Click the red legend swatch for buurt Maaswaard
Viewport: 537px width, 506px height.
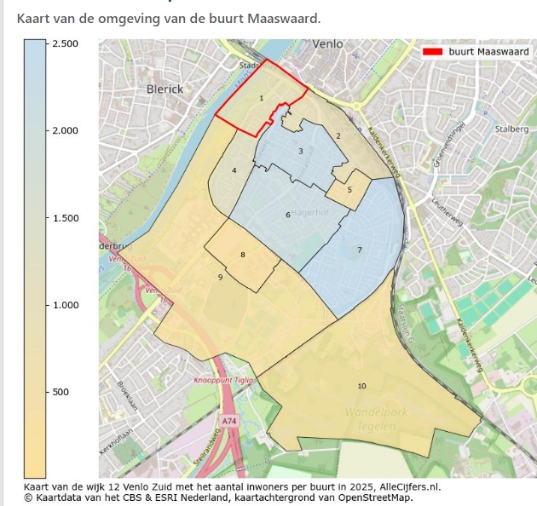(x=432, y=52)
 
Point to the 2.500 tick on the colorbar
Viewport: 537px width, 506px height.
(x=49, y=43)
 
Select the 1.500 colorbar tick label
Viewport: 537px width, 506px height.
(x=66, y=218)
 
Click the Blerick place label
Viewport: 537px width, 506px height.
(x=165, y=89)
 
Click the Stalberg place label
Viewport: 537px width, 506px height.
(x=511, y=129)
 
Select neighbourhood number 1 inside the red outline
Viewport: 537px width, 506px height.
(x=261, y=99)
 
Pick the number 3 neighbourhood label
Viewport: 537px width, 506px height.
(x=300, y=151)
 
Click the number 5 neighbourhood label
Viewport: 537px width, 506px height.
(x=349, y=189)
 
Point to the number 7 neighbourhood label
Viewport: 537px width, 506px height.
(x=360, y=250)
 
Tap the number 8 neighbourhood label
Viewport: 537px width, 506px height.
(x=243, y=255)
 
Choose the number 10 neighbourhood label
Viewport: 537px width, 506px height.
(x=361, y=386)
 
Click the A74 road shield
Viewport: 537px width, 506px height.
(x=228, y=421)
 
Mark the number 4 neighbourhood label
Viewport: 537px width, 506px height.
(x=234, y=170)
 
